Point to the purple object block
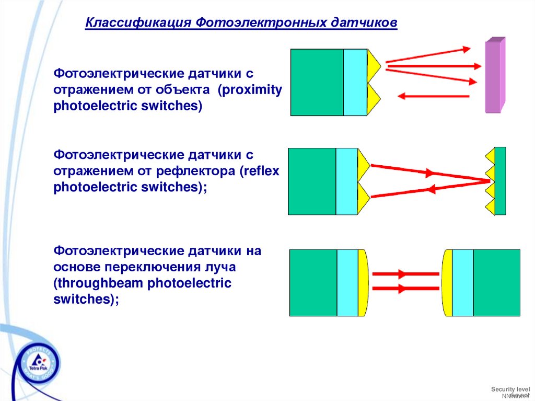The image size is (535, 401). click(x=493, y=76)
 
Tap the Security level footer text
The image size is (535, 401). click(x=510, y=389)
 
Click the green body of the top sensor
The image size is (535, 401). click(x=317, y=82)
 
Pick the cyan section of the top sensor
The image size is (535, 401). click(x=355, y=82)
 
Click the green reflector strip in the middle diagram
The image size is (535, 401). click(x=500, y=181)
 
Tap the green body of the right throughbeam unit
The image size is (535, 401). click(x=496, y=282)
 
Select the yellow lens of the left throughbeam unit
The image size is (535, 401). click(x=363, y=282)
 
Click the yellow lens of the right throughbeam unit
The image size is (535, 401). click(x=447, y=282)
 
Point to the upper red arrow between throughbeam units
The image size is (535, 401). click(x=405, y=273)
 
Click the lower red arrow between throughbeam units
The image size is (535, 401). click(x=405, y=288)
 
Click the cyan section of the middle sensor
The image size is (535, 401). click(x=346, y=181)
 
